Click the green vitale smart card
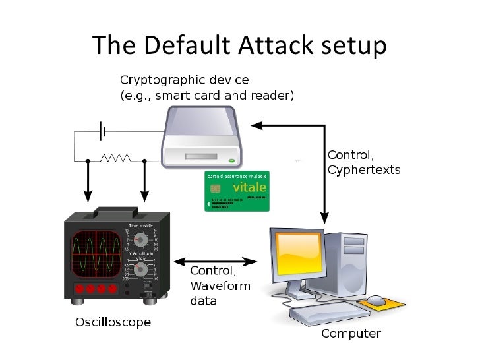pos(237,191)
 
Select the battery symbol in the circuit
pos(102,131)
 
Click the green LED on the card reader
pos(231,160)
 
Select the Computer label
pos(350,334)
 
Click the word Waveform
pos(220,286)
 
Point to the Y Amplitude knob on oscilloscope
pos(139,270)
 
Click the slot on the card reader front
pos(198,157)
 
